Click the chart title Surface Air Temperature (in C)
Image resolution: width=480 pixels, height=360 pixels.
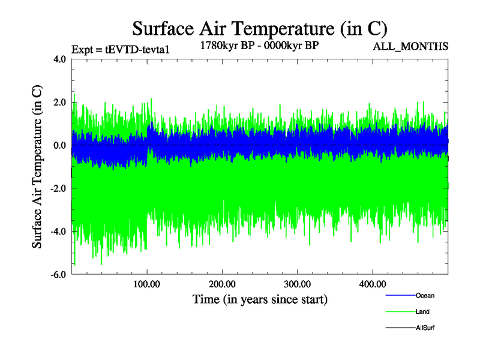click(260, 28)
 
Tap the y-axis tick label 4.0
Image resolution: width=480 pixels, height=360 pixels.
click(59, 59)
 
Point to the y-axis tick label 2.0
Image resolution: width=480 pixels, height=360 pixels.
click(59, 103)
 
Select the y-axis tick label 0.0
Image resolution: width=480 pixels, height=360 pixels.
click(59, 146)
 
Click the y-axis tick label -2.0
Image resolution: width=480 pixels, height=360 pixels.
click(58, 189)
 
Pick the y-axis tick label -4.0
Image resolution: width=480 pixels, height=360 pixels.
click(58, 232)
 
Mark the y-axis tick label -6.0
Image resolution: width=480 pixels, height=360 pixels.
click(58, 275)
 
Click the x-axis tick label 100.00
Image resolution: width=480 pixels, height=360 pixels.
click(147, 284)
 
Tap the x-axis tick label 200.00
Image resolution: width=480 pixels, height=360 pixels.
click(222, 284)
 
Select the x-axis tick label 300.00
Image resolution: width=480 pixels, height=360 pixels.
click(297, 284)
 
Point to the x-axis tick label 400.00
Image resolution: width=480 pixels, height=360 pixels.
click(372, 284)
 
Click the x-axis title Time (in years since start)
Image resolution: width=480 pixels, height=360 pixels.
click(260, 299)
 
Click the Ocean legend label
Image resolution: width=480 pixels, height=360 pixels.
click(425, 295)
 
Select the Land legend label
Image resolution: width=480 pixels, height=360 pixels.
click(422, 311)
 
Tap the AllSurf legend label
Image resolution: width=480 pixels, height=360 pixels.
click(425, 328)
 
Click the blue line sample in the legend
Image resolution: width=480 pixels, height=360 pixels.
click(399, 295)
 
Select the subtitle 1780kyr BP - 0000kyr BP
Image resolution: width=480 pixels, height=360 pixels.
click(260, 44)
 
